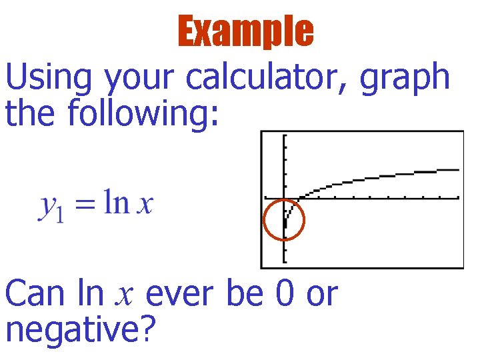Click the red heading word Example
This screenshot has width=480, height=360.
(245, 31)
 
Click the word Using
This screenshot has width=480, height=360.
(49, 79)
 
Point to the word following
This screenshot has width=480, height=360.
(143, 113)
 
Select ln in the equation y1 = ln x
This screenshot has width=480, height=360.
(116, 203)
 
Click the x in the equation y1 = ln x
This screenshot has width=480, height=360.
(144, 205)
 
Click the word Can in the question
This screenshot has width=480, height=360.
(39, 294)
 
